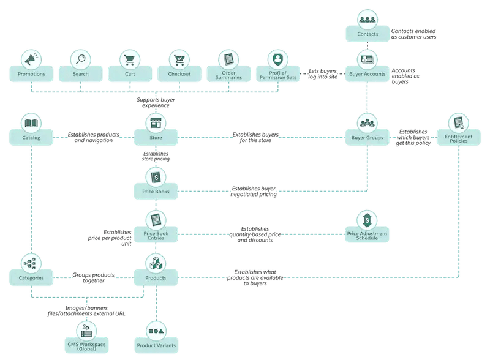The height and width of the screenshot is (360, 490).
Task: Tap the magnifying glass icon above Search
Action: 80,59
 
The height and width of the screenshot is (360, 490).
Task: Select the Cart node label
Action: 129,74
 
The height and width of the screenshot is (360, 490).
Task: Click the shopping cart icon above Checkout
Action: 179,59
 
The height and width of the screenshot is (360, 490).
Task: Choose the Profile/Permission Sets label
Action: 279,75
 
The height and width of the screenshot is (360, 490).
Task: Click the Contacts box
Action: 367,34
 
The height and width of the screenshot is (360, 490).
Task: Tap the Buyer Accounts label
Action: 367,74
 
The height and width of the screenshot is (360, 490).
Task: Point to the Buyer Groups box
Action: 367,138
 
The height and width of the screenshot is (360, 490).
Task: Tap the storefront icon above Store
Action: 156,122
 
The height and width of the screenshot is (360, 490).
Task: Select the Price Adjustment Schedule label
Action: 367,235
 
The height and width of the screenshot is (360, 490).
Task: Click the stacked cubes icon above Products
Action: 156,263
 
